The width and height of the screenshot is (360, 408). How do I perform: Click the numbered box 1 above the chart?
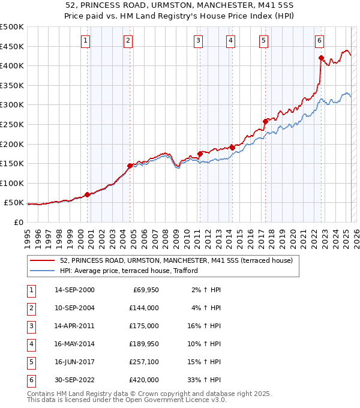click(86, 41)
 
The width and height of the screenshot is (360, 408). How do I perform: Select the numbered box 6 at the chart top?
click(319, 41)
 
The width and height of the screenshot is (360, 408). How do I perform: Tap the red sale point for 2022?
click(322, 58)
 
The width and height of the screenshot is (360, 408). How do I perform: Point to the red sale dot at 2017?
click(265, 121)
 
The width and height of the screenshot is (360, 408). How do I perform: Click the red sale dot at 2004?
click(130, 166)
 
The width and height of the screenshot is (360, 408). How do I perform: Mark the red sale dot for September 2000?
click(88, 194)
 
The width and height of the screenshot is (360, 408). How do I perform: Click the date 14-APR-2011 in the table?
click(74, 326)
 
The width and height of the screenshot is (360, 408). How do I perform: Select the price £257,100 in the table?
click(144, 362)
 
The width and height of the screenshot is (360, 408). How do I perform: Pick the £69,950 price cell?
click(146, 290)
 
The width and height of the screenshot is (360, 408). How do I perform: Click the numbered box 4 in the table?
click(30, 344)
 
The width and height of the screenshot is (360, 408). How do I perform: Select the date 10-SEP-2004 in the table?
click(74, 308)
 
